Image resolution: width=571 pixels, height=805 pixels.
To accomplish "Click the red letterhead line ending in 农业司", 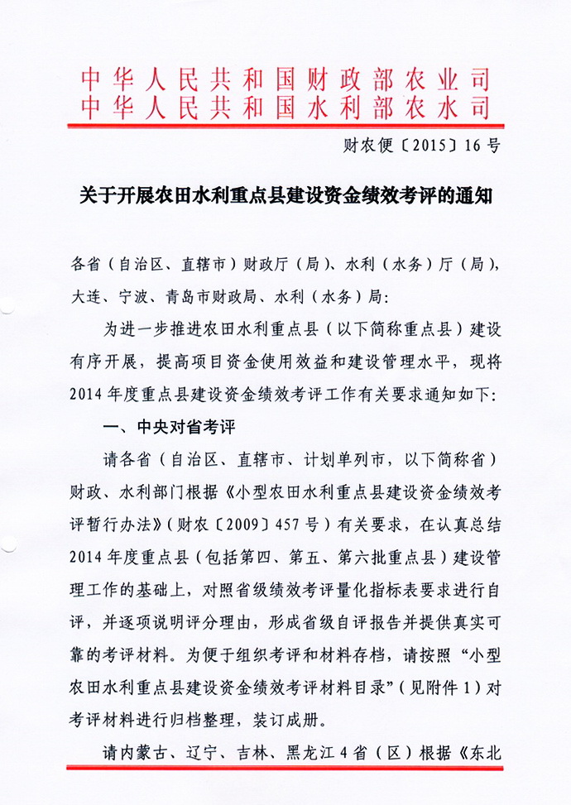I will point(285,80).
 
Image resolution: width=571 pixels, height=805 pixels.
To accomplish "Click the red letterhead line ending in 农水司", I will point(285,107).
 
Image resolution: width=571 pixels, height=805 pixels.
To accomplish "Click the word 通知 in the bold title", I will point(475,198).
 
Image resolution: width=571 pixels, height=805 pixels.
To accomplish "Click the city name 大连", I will point(87,295).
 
